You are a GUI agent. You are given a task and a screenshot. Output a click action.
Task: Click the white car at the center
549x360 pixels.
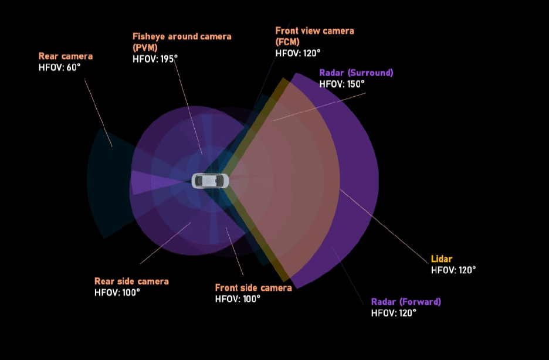(x=210, y=181)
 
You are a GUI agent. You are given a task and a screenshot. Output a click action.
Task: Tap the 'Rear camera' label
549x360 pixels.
(x=66, y=56)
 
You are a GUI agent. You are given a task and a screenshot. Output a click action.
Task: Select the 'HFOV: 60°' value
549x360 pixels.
(x=60, y=67)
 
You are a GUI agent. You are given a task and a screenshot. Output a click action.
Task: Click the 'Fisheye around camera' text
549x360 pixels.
(x=182, y=36)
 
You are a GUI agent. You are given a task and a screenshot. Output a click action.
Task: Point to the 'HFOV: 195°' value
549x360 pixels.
(x=155, y=59)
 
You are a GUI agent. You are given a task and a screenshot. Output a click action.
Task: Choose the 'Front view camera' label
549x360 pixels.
(x=314, y=30)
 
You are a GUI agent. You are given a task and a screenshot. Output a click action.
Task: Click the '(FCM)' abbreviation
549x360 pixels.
(x=287, y=42)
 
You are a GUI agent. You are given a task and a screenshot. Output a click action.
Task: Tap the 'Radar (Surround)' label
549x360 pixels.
(x=356, y=73)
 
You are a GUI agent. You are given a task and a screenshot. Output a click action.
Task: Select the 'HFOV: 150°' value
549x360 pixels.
(x=342, y=84)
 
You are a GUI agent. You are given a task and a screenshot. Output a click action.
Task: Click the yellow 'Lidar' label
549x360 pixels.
(x=442, y=259)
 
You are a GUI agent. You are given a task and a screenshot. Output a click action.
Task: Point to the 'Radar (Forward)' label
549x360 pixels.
(x=406, y=302)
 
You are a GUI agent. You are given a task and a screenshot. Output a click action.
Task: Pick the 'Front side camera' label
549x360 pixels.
(x=253, y=288)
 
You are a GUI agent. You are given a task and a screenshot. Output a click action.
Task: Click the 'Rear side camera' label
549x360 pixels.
(x=131, y=281)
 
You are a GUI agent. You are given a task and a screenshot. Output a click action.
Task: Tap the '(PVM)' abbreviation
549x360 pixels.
(x=145, y=47)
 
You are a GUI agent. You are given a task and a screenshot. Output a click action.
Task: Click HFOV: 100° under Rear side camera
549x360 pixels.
(x=117, y=292)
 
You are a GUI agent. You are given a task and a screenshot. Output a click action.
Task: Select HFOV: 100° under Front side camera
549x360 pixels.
(x=238, y=298)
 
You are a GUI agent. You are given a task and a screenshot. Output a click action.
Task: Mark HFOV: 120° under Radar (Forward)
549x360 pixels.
(x=394, y=313)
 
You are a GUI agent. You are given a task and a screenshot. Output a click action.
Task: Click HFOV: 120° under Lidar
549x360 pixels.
(x=453, y=270)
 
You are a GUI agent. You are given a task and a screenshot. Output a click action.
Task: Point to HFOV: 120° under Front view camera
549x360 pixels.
(x=298, y=53)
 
